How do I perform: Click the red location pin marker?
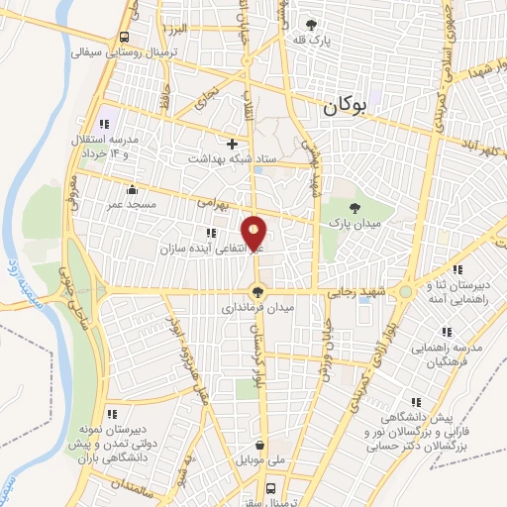coord(256,235)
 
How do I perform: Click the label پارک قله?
coord(315,42)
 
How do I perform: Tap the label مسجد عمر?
coord(130,203)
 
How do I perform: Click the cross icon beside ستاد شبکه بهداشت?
coord(232,143)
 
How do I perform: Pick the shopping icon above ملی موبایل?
coord(260,445)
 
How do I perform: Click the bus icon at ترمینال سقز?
coord(270,487)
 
